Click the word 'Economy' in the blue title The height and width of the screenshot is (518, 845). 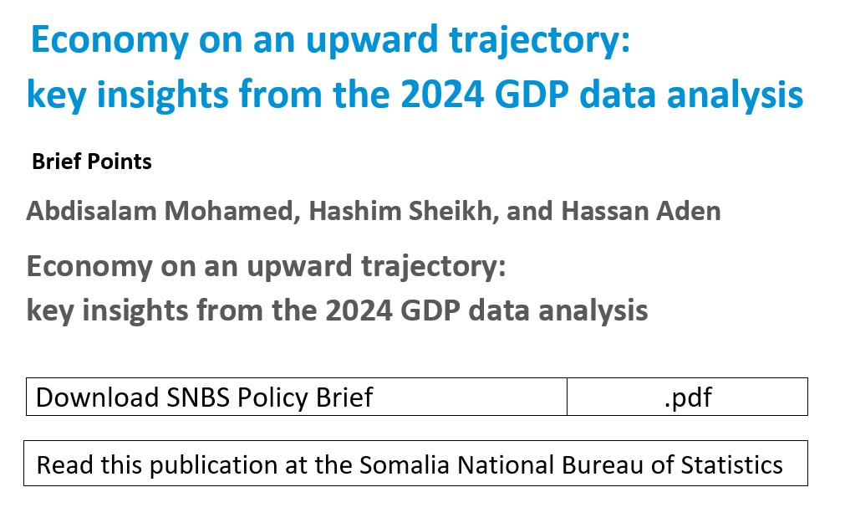(x=110, y=40)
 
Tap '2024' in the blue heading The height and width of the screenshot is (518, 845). (x=442, y=95)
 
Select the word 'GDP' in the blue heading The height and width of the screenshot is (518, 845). (x=532, y=95)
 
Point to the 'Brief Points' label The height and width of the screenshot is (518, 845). (x=92, y=162)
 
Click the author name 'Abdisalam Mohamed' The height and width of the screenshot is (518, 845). (x=160, y=211)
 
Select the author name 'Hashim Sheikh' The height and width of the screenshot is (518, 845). (x=400, y=211)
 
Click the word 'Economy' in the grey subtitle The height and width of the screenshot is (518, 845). (x=89, y=267)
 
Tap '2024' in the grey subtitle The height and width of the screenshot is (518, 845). (x=359, y=310)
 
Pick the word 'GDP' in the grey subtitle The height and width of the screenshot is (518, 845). (x=430, y=310)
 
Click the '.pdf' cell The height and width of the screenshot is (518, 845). (x=687, y=397)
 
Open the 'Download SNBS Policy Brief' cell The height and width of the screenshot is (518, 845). (x=297, y=397)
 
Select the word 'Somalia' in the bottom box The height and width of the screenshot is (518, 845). (x=405, y=464)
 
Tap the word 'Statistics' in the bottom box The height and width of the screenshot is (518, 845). (x=732, y=464)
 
